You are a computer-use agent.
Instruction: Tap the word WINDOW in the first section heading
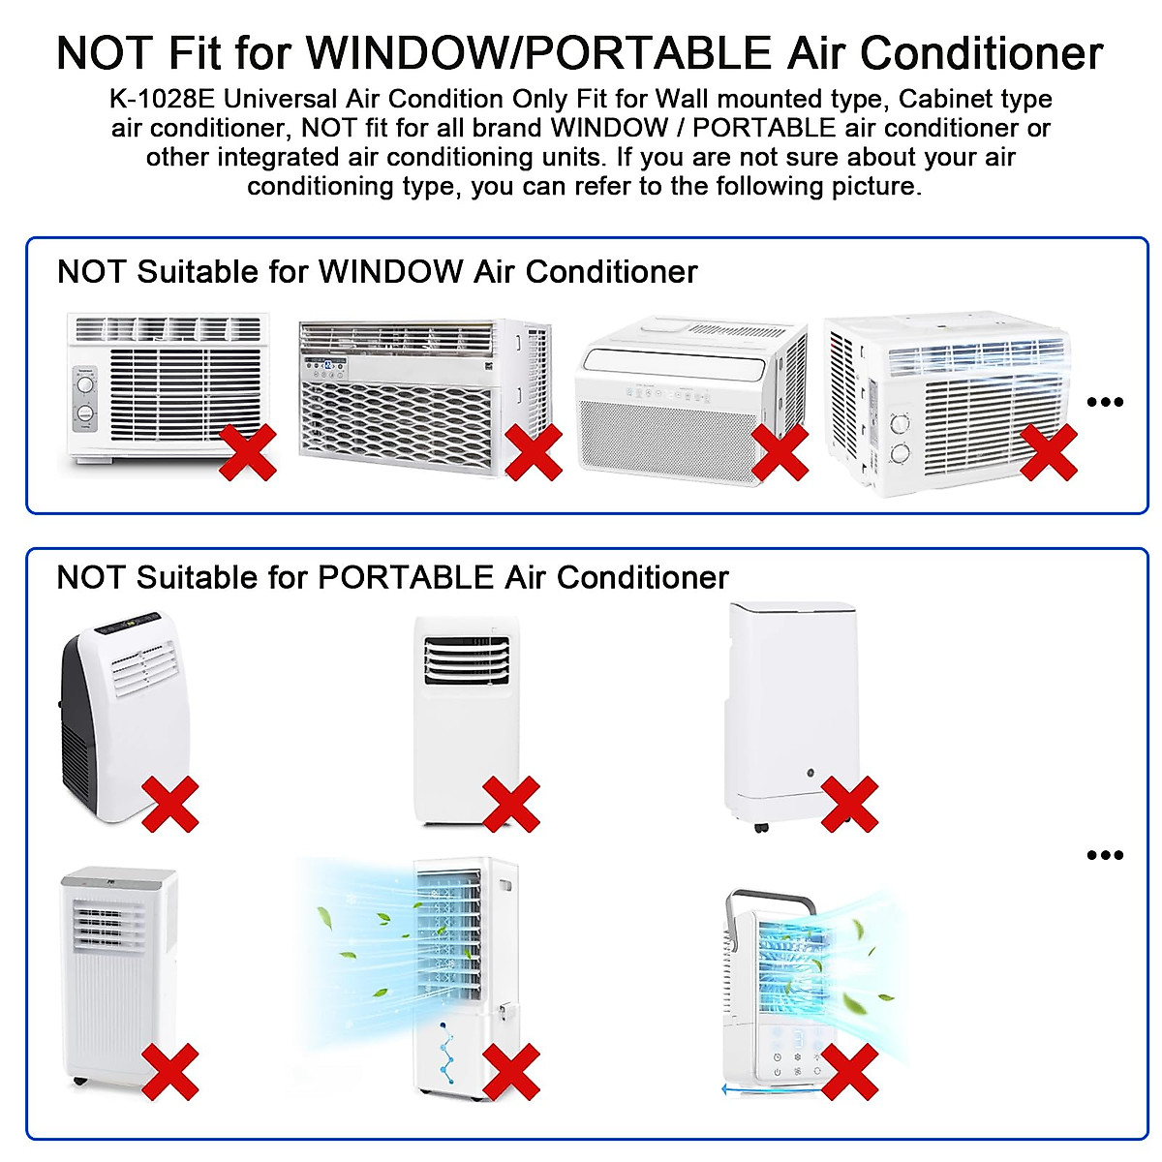tap(390, 272)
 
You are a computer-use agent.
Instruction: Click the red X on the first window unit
tap(248, 452)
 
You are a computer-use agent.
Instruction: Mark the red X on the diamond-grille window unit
tap(534, 452)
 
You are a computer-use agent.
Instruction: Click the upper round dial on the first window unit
tap(85, 383)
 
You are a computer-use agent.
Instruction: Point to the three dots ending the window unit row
tap(1105, 402)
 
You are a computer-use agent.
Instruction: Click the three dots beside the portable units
tap(1105, 855)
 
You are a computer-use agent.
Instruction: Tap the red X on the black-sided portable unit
tap(170, 804)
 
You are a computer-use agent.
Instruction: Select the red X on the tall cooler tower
tap(511, 1072)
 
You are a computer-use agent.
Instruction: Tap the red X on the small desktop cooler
tap(849, 1072)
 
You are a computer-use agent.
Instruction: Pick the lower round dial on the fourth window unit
tap(902, 453)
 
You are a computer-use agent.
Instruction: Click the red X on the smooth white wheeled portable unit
tap(849, 804)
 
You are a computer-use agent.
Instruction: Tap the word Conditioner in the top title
tap(982, 53)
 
